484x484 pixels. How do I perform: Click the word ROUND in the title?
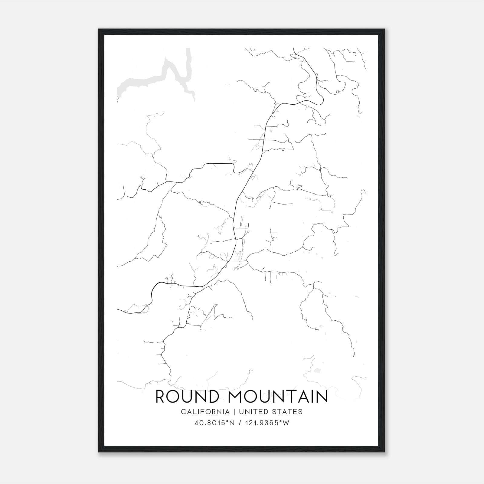point(186,397)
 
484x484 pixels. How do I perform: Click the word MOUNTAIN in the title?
point(278,397)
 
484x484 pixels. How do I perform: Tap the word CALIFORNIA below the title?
point(205,412)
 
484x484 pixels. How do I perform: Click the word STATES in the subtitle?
point(289,412)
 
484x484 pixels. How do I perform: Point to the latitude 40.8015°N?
point(215,423)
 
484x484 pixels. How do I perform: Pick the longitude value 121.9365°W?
point(267,423)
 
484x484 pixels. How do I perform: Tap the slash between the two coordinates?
point(240,423)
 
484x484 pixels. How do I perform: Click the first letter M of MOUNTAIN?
point(237,397)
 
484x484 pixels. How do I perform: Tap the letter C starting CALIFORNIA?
point(183,412)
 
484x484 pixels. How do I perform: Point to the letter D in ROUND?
point(212,397)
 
